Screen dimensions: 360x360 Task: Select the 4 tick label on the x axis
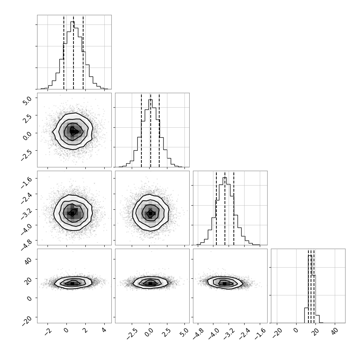click(x=104, y=330)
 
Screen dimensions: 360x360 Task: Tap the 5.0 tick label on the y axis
click(x=27, y=101)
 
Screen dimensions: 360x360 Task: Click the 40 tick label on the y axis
click(x=28, y=261)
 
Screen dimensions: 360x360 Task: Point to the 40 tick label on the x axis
click(x=335, y=331)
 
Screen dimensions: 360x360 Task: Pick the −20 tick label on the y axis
click(x=27, y=320)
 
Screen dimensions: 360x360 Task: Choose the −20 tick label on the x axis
click(x=277, y=333)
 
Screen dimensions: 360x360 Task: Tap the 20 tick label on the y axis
click(x=28, y=280)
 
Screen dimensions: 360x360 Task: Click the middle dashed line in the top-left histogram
click(x=73, y=52)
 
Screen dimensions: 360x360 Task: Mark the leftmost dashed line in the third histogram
click(x=216, y=208)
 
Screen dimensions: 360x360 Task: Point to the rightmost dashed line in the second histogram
click(x=159, y=130)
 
